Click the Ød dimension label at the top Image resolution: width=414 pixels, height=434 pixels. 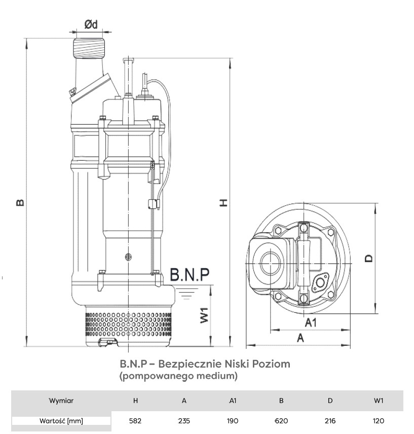(x=91, y=23)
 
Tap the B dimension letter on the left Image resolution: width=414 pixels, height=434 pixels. (x=20, y=202)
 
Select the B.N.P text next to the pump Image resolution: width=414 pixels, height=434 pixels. (x=189, y=274)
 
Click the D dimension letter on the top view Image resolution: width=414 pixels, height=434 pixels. (x=369, y=258)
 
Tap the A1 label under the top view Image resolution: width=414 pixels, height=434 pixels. (x=311, y=322)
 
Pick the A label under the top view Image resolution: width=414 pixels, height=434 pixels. (x=300, y=338)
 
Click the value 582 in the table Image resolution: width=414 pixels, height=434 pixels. (x=135, y=420)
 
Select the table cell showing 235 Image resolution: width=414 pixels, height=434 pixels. (x=184, y=420)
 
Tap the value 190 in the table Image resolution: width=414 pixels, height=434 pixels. (x=233, y=420)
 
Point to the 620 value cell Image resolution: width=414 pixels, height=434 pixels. (x=281, y=420)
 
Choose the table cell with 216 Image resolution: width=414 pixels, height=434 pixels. (x=330, y=420)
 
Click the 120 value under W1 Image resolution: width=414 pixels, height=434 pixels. (x=379, y=420)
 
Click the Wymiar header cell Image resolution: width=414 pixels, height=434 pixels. (x=61, y=401)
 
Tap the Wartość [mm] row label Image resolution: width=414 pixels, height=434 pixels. (x=61, y=420)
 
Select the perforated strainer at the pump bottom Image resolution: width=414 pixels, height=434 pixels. (x=129, y=324)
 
